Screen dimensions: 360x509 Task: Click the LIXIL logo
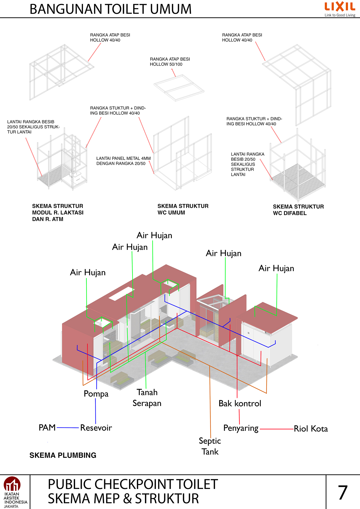click(x=340, y=7)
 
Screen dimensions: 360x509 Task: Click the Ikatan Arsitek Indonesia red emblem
click(x=12, y=484)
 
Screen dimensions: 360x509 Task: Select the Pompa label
click(x=96, y=394)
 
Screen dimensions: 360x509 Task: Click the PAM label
click(x=47, y=428)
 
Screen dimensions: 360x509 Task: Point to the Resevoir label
click(x=96, y=428)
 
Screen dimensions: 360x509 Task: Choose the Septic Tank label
click(x=210, y=446)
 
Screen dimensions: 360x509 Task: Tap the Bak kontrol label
click(x=240, y=403)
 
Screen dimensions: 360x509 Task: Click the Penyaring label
click(x=241, y=428)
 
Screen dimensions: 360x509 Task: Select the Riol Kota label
click(x=311, y=429)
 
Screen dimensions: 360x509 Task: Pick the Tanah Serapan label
click(x=147, y=398)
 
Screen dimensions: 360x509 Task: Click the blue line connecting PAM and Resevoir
click(x=68, y=428)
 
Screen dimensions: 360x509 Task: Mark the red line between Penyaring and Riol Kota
click(x=276, y=429)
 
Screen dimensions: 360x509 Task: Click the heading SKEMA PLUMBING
click(x=63, y=455)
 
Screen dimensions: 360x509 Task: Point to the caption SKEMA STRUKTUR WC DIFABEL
click(x=298, y=210)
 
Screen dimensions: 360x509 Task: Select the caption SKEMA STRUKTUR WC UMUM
click(x=183, y=209)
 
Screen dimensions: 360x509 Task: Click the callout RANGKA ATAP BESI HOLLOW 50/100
click(x=170, y=62)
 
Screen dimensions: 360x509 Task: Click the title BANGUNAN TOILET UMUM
click(x=111, y=9)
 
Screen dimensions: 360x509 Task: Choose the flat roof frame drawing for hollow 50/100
click(x=179, y=88)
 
